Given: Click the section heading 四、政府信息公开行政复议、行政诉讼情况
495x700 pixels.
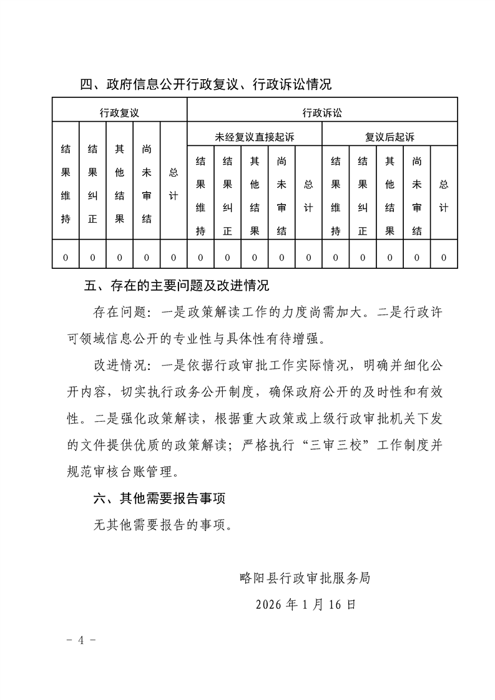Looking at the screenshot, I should tap(206, 85).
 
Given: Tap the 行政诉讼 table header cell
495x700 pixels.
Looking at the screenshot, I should tap(322, 113).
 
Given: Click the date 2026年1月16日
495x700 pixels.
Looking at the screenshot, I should tap(306, 604).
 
